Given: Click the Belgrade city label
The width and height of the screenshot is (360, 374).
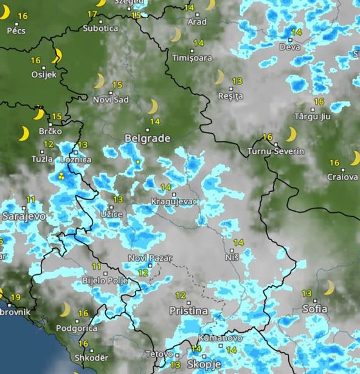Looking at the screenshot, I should [147, 139].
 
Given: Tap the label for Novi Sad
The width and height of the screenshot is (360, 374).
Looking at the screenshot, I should [111, 99].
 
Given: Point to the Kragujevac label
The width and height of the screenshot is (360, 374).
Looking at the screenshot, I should [175, 201].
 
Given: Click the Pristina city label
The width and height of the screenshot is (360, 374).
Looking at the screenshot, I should [188, 311].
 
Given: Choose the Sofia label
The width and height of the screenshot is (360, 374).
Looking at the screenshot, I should [315, 309].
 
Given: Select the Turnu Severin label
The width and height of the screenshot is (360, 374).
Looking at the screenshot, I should [276, 151].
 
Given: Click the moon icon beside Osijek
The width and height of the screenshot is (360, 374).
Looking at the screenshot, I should [57, 57].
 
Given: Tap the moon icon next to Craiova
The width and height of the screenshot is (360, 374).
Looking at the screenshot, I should [355, 159].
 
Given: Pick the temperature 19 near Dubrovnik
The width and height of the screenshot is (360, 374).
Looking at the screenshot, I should [16, 297].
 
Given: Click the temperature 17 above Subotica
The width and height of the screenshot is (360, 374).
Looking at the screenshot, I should [92, 14].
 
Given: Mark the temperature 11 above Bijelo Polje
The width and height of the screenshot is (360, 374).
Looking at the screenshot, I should [97, 266].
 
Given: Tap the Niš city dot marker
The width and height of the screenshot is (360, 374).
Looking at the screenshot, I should [233, 249].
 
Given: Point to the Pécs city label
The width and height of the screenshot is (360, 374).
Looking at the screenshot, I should [15, 30].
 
